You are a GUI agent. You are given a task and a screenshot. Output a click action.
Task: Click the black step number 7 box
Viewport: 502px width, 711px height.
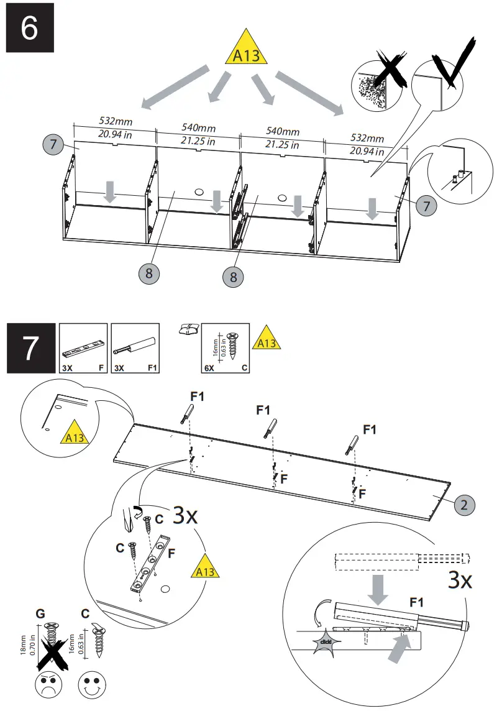click(x=30, y=349)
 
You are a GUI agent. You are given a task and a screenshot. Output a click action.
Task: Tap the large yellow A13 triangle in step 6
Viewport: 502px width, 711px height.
click(x=248, y=50)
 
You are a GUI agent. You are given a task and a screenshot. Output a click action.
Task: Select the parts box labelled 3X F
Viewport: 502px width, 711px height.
click(x=82, y=349)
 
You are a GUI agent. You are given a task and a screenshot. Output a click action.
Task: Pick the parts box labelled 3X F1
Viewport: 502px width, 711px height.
click(x=135, y=349)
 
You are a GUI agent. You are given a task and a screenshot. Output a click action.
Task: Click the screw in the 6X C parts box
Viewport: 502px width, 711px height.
click(x=234, y=346)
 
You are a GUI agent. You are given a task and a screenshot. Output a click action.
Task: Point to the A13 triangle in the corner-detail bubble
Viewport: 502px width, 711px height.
click(x=74, y=436)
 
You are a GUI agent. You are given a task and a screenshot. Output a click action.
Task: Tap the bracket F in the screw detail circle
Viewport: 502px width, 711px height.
click(x=150, y=563)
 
